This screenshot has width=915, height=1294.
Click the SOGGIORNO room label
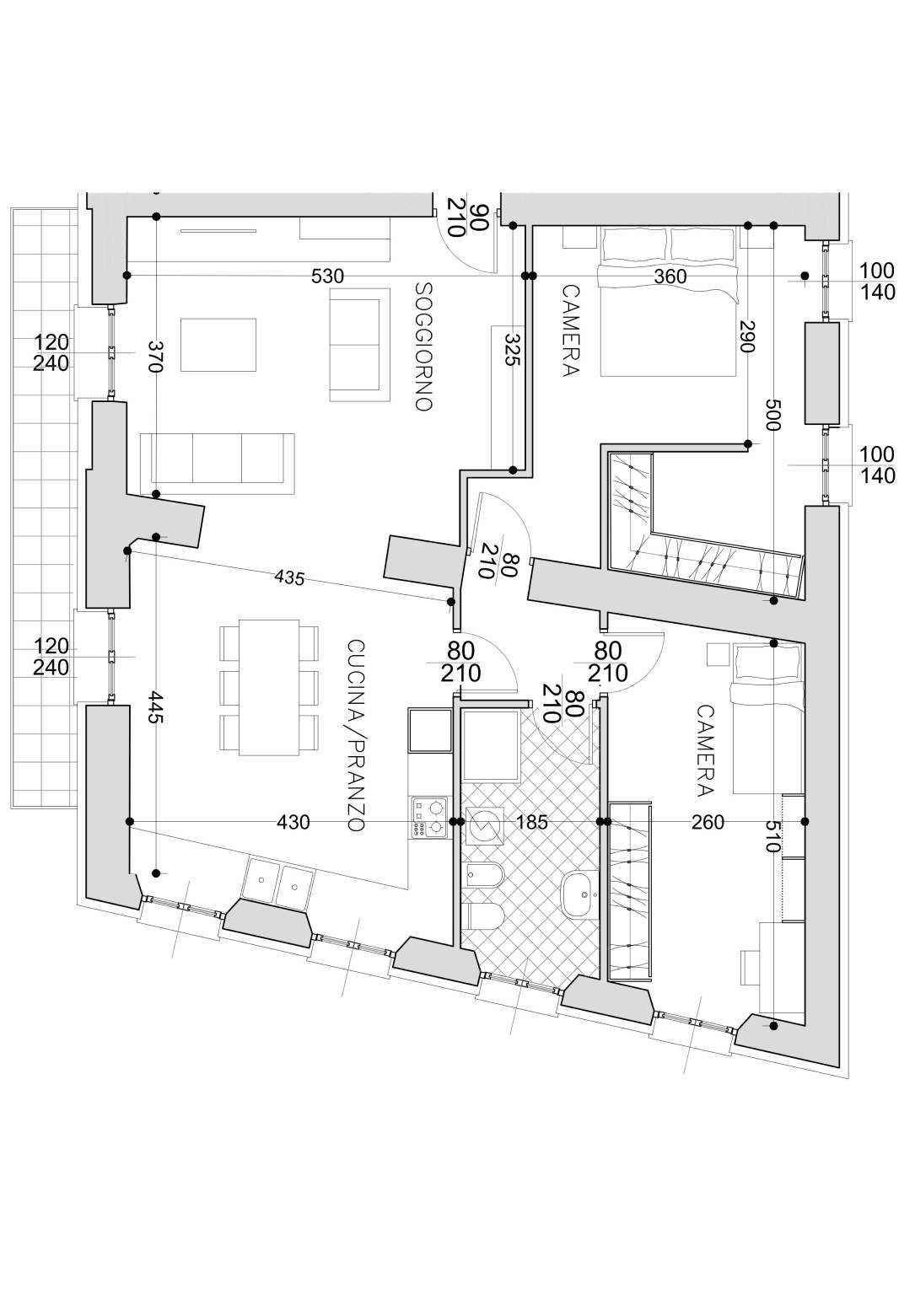click(424, 346)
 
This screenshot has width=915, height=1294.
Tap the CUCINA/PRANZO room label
click(356, 735)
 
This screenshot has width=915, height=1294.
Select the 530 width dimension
click(327, 277)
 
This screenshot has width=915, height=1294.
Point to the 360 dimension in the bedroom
click(670, 277)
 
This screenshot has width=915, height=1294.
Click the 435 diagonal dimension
click(289, 577)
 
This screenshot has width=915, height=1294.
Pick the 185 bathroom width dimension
click(531, 821)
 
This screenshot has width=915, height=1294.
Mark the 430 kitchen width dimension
click(293, 821)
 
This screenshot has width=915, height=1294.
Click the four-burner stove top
click(429, 818)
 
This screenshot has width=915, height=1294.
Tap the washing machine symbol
click(484, 826)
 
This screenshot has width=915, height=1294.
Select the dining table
click(269, 687)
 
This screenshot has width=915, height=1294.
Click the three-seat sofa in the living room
click(218, 464)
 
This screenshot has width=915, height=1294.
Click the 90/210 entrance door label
click(467, 219)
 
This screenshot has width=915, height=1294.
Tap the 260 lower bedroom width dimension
click(708, 821)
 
